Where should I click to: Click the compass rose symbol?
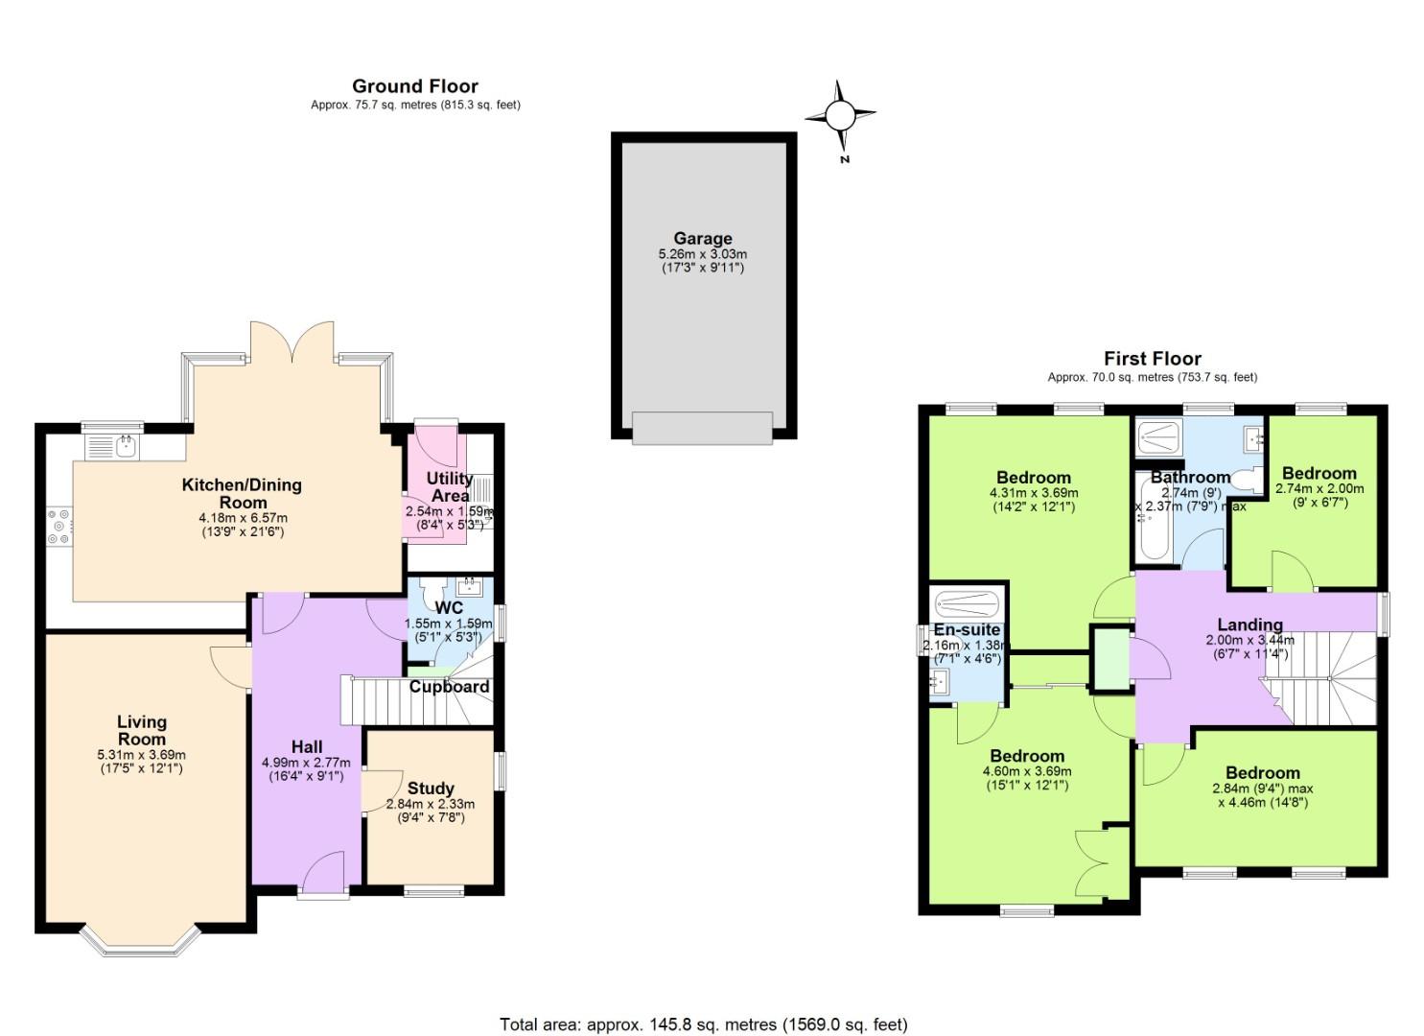pyautogui.click(x=839, y=116)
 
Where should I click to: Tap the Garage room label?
pyautogui.click(x=702, y=239)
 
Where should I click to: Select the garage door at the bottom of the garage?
pyautogui.click(x=702, y=428)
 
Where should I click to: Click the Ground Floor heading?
pyautogui.click(x=414, y=86)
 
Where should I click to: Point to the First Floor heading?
pyautogui.click(x=1152, y=359)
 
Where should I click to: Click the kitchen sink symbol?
pyautogui.click(x=112, y=445)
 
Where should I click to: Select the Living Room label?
pyautogui.click(x=142, y=730)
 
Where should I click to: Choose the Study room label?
pyautogui.click(x=432, y=789)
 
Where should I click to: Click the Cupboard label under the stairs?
pyautogui.click(x=449, y=687)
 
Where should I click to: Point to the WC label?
pyautogui.click(x=449, y=608)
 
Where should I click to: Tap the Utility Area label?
pyautogui.click(x=450, y=486)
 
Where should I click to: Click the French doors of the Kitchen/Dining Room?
pyautogui.click(x=291, y=345)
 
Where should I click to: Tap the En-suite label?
pyautogui.click(x=967, y=630)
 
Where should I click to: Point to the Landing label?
pyautogui.click(x=1249, y=625)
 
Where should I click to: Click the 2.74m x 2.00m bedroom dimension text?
pyautogui.click(x=1319, y=488)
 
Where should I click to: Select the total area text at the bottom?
pyautogui.click(x=703, y=1024)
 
